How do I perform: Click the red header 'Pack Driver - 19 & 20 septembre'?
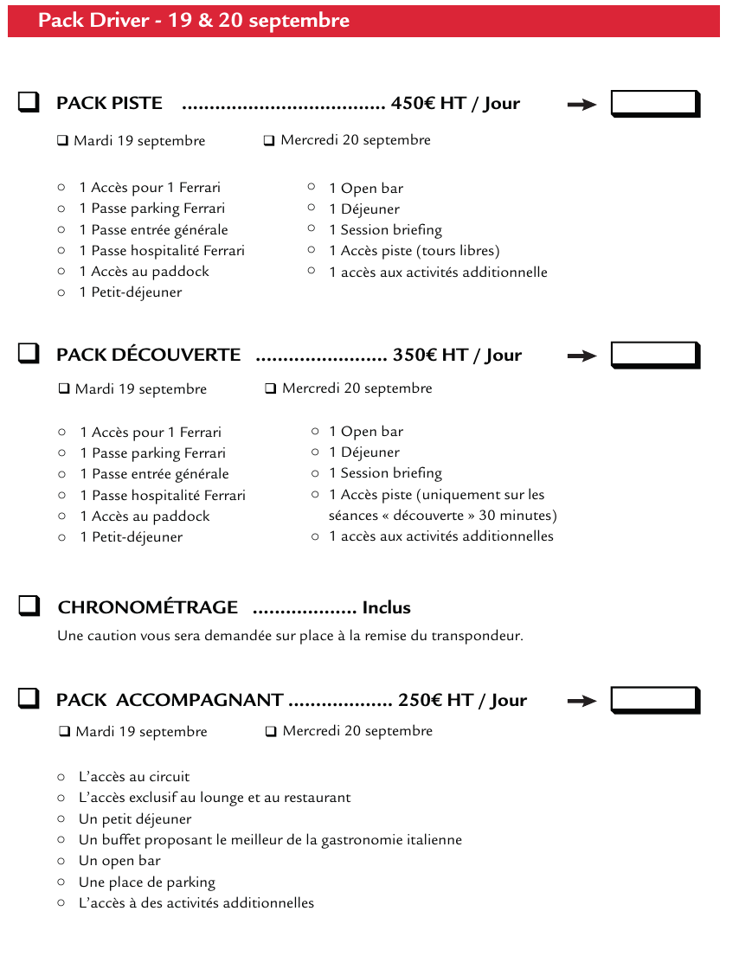[x=194, y=21]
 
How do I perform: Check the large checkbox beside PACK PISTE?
[x=29, y=102]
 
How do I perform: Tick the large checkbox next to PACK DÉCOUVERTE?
[x=29, y=353]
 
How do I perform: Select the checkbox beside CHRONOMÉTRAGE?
[x=29, y=606]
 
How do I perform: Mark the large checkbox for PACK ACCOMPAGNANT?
[x=29, y=698]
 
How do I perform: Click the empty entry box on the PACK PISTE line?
[x=654, y=103]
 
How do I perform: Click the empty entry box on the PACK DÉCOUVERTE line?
[x=654, y=355]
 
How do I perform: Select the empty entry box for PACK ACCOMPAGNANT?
[x=654, y=700]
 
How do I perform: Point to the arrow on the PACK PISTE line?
[x=582, y=105]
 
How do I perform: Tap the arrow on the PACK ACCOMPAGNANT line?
[x=582, y=701]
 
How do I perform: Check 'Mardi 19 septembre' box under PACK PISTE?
[x=63, y=141]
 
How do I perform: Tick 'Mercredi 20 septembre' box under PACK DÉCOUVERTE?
[x=271, y=388]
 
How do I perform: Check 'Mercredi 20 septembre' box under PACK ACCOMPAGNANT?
[x=271, y=732]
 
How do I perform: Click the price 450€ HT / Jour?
[x=455, y=103]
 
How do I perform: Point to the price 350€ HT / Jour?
[x=457, y=355]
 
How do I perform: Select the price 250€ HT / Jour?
[x=462, y=700]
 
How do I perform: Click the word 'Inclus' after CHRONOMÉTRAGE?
[x=386, y=607]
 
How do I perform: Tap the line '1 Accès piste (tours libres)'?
[x=414, y=251]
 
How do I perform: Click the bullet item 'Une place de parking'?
[x=147, y=882]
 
